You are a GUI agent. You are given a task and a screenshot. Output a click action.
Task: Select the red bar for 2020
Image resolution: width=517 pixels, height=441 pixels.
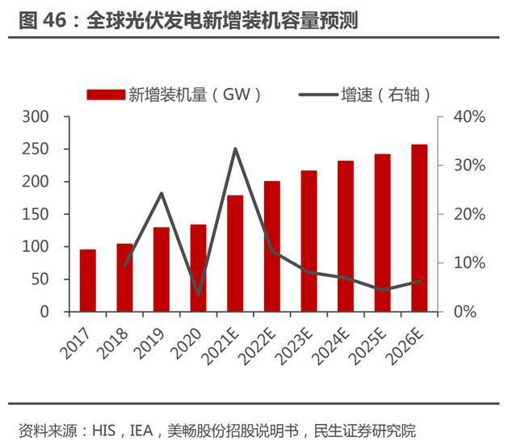tap(198, 267)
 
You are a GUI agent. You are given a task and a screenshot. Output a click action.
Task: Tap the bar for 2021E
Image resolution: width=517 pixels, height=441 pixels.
tap(235, 253)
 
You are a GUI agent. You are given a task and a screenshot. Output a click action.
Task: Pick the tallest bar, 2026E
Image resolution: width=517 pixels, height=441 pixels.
tap(419, 228)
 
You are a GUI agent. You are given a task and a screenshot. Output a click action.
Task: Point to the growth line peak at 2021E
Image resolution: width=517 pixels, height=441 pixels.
tap(235, 149)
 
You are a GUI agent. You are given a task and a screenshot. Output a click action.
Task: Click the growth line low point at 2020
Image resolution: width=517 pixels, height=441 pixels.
tap(198, 295)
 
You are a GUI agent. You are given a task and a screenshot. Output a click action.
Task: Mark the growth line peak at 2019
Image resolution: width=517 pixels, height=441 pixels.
tap(161, 193)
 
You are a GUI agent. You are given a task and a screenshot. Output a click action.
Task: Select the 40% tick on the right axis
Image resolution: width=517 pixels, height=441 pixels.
tap(468, 117)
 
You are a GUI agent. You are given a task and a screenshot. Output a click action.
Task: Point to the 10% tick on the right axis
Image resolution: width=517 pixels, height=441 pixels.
tap(468, 262)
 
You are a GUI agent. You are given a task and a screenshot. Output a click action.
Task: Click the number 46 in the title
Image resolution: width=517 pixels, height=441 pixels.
tap(61, 20)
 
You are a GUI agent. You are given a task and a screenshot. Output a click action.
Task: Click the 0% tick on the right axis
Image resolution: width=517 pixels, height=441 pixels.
tap(464, 312)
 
